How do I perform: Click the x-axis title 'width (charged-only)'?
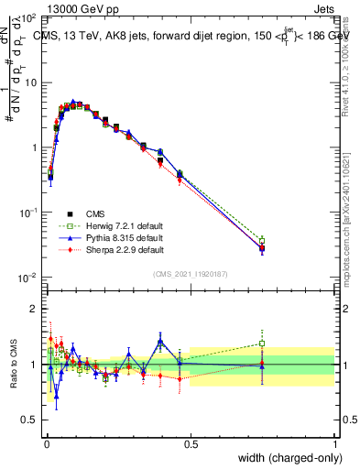tap(284, 458)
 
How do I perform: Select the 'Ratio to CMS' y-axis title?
tap(13, 365)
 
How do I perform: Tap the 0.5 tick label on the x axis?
tap(191, 443)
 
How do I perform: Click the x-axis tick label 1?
tap(335, 443)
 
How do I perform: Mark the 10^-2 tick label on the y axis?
tap(29, 278)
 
